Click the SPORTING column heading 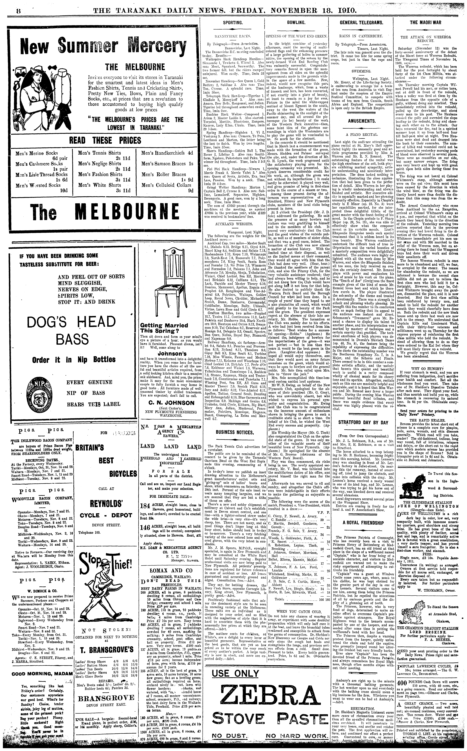[x=233, y=23]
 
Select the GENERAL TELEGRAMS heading [x=361, y=23]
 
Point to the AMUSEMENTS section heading [x=361, y=121]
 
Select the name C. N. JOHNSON [x=167, y=403]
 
